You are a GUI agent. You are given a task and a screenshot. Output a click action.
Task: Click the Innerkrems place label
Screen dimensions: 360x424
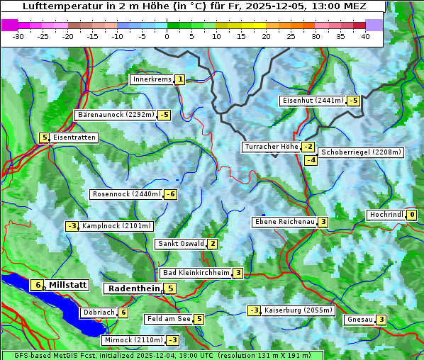[x=152, y=79]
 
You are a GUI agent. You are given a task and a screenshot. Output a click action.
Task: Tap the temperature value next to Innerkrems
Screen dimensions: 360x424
[x=180, y=79]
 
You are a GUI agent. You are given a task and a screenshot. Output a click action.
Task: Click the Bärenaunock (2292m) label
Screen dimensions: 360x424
[x=115, y=114]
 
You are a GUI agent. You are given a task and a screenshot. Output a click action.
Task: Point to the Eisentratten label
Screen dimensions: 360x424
[x=74, y=137]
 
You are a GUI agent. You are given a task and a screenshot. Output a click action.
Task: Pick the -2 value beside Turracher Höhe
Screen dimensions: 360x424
[x=308, y=147]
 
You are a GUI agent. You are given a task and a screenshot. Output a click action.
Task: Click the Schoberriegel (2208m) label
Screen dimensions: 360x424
[x=362, y=152]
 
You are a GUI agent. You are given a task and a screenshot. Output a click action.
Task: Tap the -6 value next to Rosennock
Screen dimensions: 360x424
[x=170, y=194]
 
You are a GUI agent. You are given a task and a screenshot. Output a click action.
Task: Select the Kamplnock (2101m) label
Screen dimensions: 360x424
[x=116, y=226]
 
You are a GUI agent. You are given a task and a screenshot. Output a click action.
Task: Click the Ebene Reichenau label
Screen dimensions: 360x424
[x=284, y=222]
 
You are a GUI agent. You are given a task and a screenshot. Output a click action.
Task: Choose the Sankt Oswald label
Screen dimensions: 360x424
[x=180, y=244]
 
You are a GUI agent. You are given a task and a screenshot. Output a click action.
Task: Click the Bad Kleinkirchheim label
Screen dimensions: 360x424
[x=196, y=273]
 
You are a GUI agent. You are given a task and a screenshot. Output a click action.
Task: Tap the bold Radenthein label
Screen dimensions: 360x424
[x=133, y=288]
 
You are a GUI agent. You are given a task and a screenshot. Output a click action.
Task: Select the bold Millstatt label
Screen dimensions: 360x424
[x=67, y=285]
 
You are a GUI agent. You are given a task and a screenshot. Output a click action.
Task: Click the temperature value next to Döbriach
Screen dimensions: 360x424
[x=123, y=312]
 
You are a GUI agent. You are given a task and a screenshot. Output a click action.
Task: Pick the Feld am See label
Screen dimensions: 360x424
[x=168, y=319]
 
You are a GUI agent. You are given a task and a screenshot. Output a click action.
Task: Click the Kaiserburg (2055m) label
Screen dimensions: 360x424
[x=298, y=310]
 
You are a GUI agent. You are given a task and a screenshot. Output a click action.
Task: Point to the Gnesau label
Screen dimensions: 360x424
[x=359, y=320]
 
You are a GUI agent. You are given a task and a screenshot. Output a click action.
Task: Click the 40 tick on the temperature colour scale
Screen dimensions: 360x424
[x=365, y=35]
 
